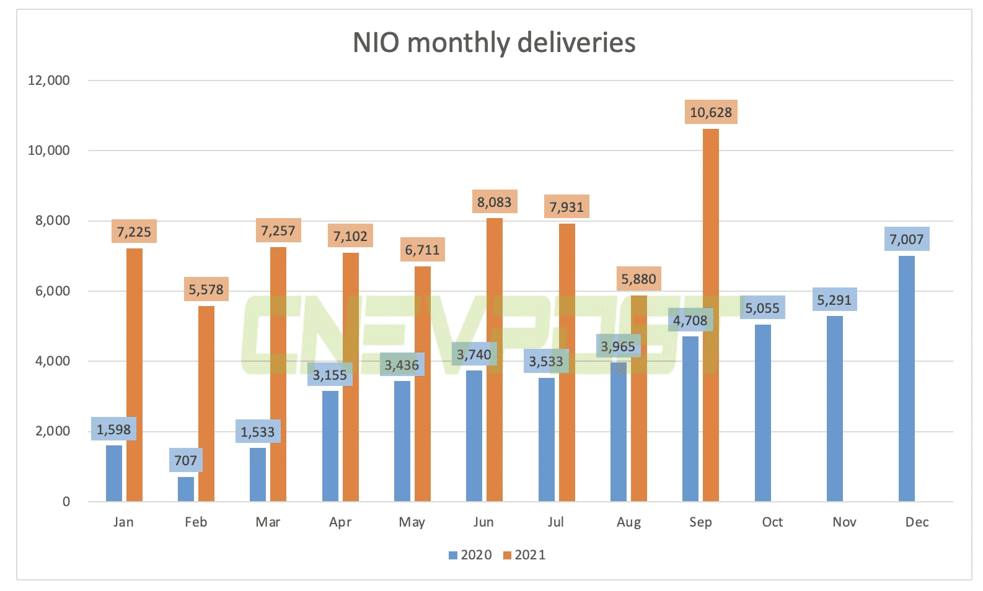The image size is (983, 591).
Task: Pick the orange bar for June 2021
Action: pyautogui.click(x=494, y=359)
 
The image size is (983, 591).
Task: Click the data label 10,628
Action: pyautogui.click(x=710, y=112)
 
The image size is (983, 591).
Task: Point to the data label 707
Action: pyautogui.click(x=185, y=460)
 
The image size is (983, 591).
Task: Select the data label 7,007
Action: pyautogui.click(x=906, y=239)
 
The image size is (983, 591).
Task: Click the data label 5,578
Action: pyautogui.click(x=206, y=289)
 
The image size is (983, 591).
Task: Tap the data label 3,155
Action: pyautogui.click(x=330, y=375)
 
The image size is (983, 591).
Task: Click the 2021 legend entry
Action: pyautogui.click(x=524, y=555)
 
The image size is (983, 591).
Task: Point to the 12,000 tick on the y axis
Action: pyautogui.click(x=48, y=80)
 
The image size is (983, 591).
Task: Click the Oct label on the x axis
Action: pyautogui.click(x=772, y=522)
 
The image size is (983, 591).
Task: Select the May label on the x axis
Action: pyautogui.click(x=412, y=522)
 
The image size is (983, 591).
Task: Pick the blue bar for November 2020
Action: pyautogui.click(x=834, y=408)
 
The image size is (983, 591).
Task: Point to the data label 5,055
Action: pyautogui.click(x=762, y=308)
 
